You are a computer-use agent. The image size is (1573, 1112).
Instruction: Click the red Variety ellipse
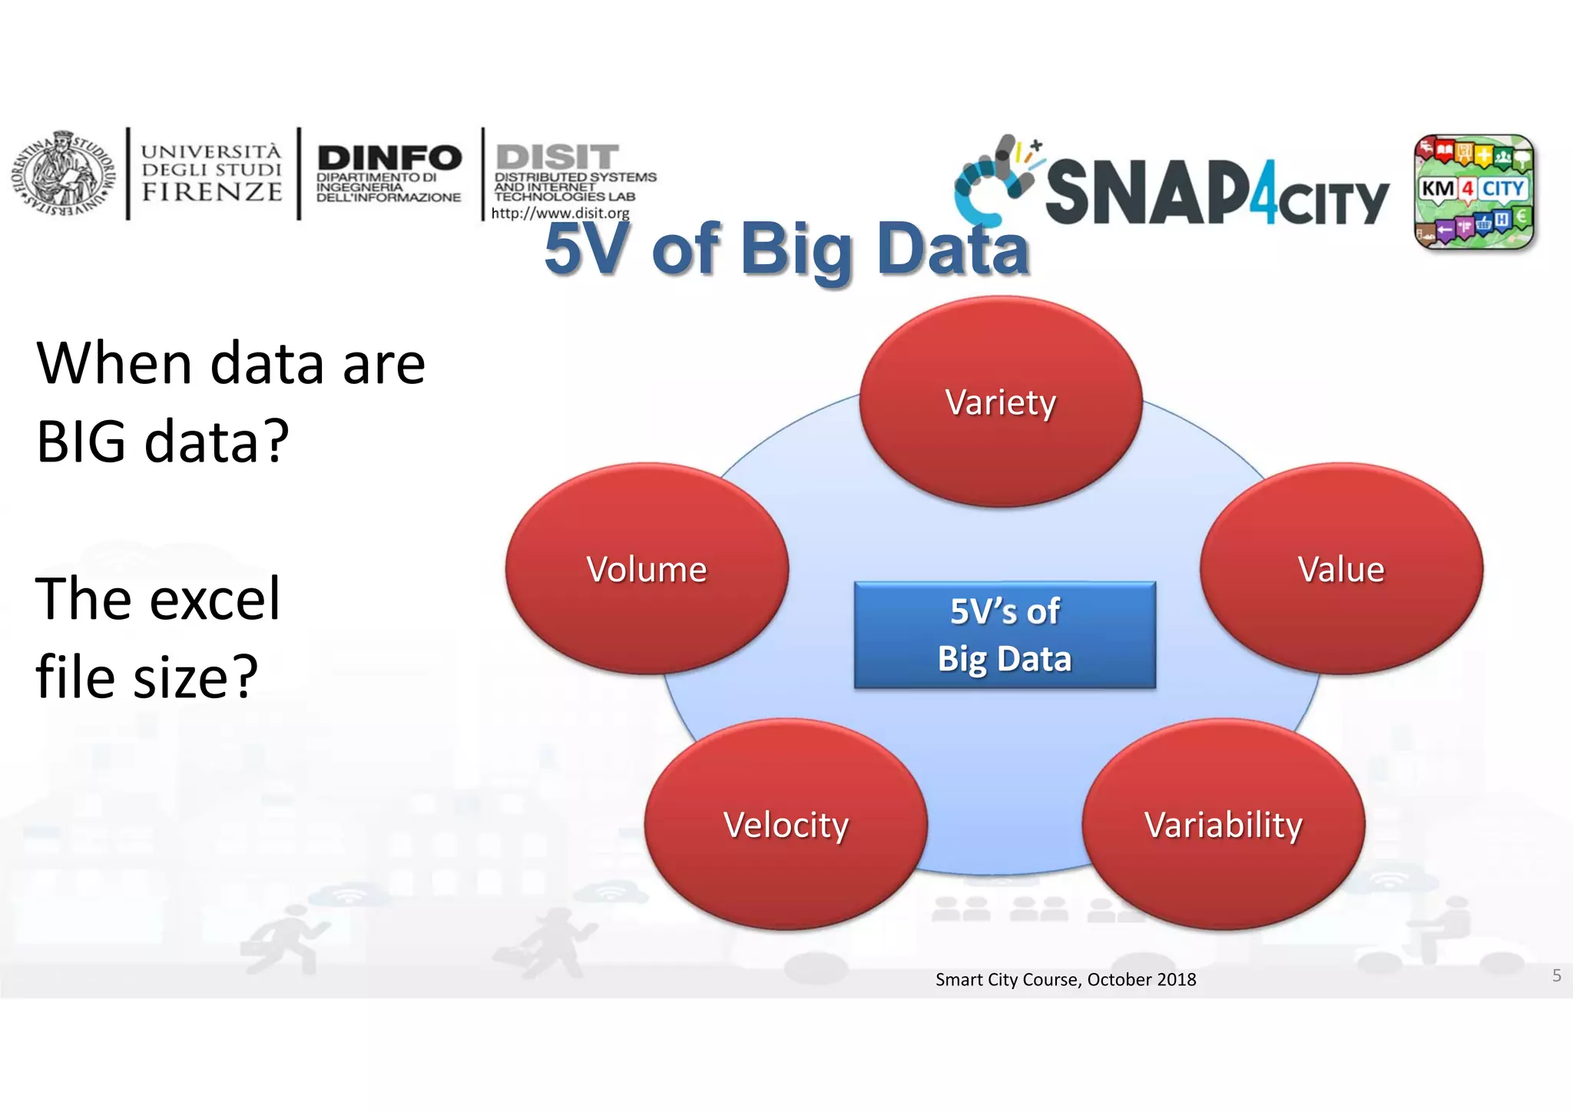(1000, 402)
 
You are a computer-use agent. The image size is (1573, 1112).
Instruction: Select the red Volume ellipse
(646, 569)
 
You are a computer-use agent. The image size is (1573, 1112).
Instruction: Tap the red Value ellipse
(1341, 569)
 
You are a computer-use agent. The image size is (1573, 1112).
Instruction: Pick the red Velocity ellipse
(786, 825)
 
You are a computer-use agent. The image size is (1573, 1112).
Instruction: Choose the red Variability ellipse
(1223, 825)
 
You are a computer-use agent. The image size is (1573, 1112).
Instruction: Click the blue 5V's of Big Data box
(1005, 635)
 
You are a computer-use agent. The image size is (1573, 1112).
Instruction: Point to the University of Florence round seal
(63, 174)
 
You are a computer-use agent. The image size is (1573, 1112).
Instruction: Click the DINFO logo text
(389, 158)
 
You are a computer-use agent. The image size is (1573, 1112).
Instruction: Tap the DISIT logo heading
(558, 157)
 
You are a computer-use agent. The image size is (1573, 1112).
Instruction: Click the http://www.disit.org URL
(560, 213)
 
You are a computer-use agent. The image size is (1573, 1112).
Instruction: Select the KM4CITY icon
(1473, 192)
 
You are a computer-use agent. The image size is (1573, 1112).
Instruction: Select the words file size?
(147, 677)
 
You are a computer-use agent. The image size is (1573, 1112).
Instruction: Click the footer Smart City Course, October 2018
(1065, 979)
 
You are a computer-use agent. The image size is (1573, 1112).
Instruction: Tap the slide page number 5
(1556, 975)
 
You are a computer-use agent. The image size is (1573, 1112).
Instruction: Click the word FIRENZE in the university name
(212, 192)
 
